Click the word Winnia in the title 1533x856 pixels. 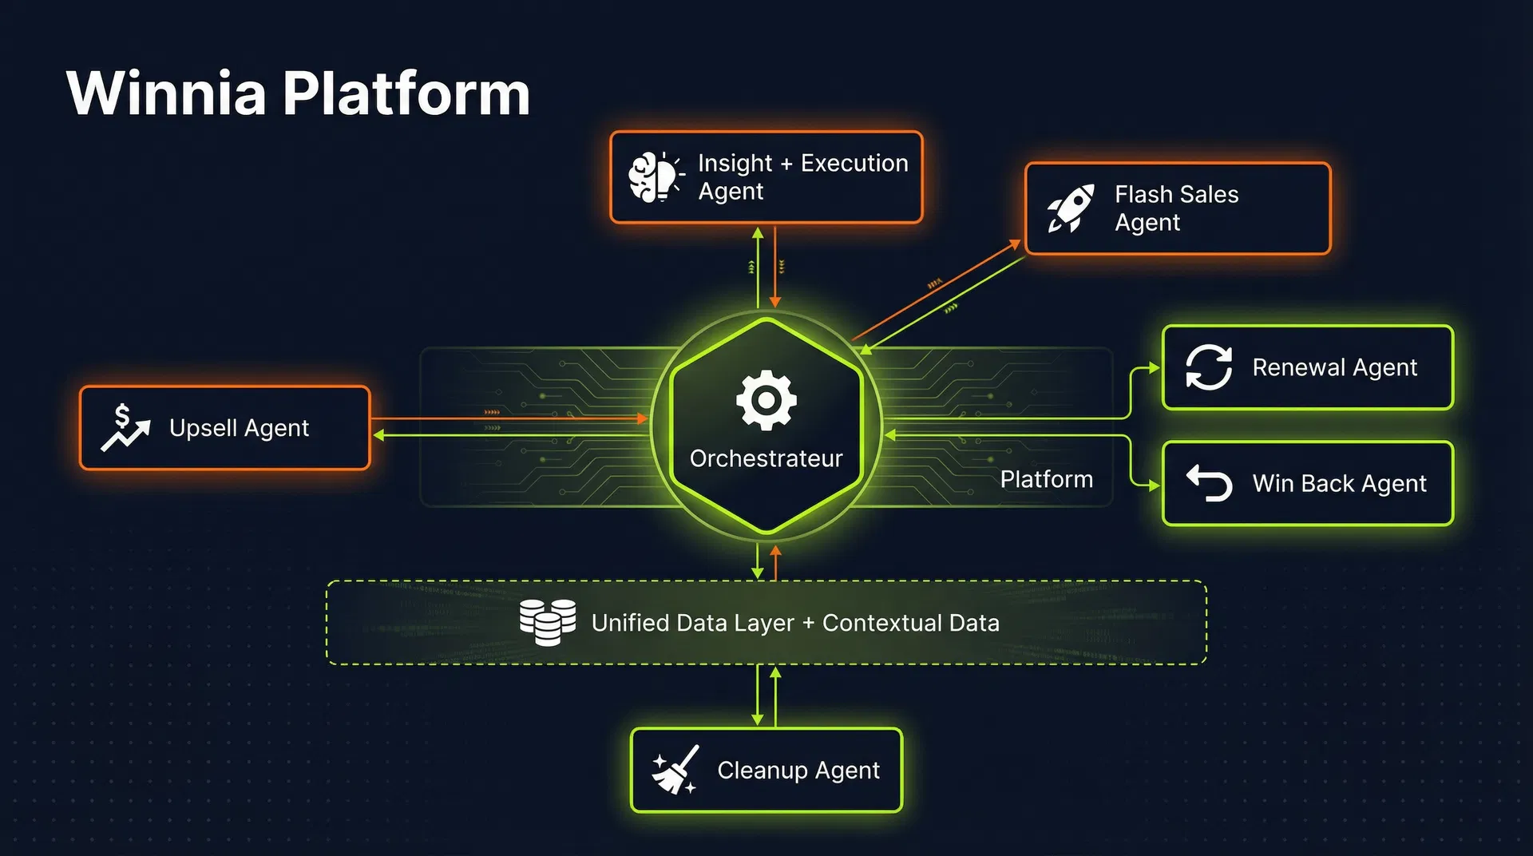166,93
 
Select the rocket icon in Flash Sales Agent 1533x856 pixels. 1070,208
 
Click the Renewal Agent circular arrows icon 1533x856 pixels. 1208,367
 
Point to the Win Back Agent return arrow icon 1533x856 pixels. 1209,483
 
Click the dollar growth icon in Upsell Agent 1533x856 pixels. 125,428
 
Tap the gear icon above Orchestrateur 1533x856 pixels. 766,400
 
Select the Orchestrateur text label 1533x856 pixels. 766,458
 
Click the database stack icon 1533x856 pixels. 548,622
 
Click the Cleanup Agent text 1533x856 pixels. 798,770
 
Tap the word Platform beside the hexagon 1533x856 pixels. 1046,479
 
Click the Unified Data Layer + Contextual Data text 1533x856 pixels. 795,623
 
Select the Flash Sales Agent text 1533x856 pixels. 1176,208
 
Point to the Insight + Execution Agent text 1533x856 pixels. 802,177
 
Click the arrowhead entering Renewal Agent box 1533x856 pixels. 1154,368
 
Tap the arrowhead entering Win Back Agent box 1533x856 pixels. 1154,485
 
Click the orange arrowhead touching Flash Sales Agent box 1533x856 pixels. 1016,244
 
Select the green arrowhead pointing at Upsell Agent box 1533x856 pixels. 379,435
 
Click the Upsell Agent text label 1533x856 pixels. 239,428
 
